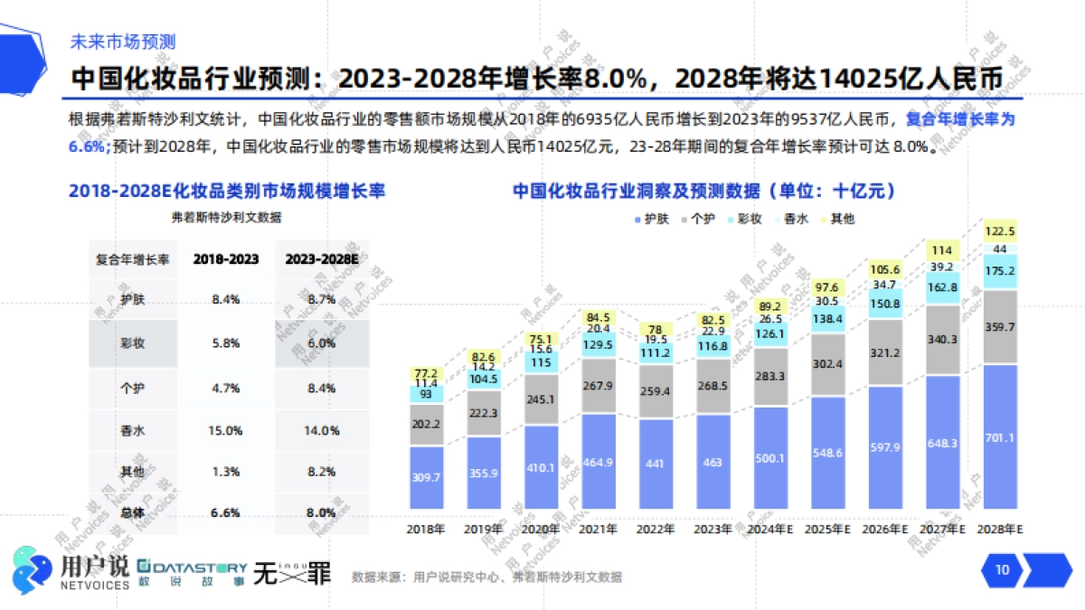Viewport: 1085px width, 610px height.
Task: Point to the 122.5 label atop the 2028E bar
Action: [1000, 230]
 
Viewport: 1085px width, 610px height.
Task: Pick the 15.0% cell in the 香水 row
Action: [225, 430]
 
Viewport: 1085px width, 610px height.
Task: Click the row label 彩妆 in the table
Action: [134, 344]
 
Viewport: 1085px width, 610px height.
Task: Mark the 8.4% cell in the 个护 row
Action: [322, 388]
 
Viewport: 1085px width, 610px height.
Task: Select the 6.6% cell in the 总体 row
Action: [225, 512]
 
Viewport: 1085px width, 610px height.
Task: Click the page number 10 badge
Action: [1002, 569]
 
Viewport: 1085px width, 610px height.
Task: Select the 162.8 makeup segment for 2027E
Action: [942, 287]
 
